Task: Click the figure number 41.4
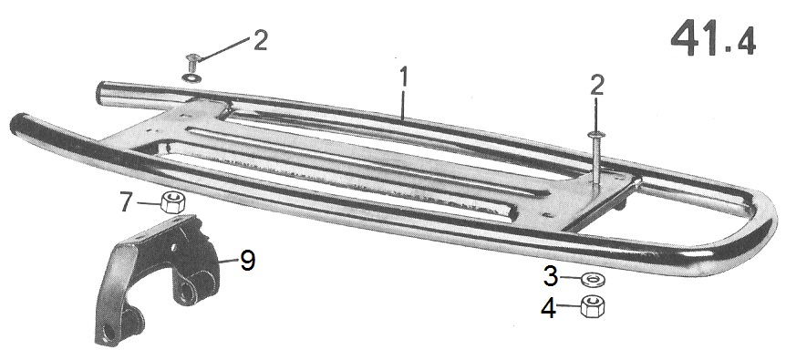[x=712, y=38]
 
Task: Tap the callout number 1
[x=404, y=77]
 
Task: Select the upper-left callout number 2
[x=260, y=40]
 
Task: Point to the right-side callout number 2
[x=596, y=86]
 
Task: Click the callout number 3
[x=551, y=276]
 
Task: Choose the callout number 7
[x=128, y=201]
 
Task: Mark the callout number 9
[x=247, y=261]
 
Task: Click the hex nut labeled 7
[x=173, y=202]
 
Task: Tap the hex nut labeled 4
[x=593, y=305]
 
